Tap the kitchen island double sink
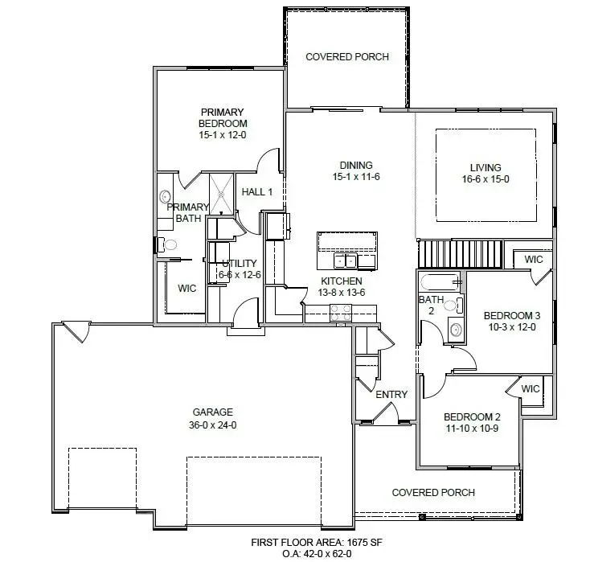pos(346,260)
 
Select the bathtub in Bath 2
pos(437,281)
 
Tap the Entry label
pos(391,395)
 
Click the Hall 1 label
pos(257,192)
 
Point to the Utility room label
pos(239,263)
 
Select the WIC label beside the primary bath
pos(186,288)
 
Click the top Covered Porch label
pos(347,57)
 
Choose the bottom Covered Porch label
pos(432,492)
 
